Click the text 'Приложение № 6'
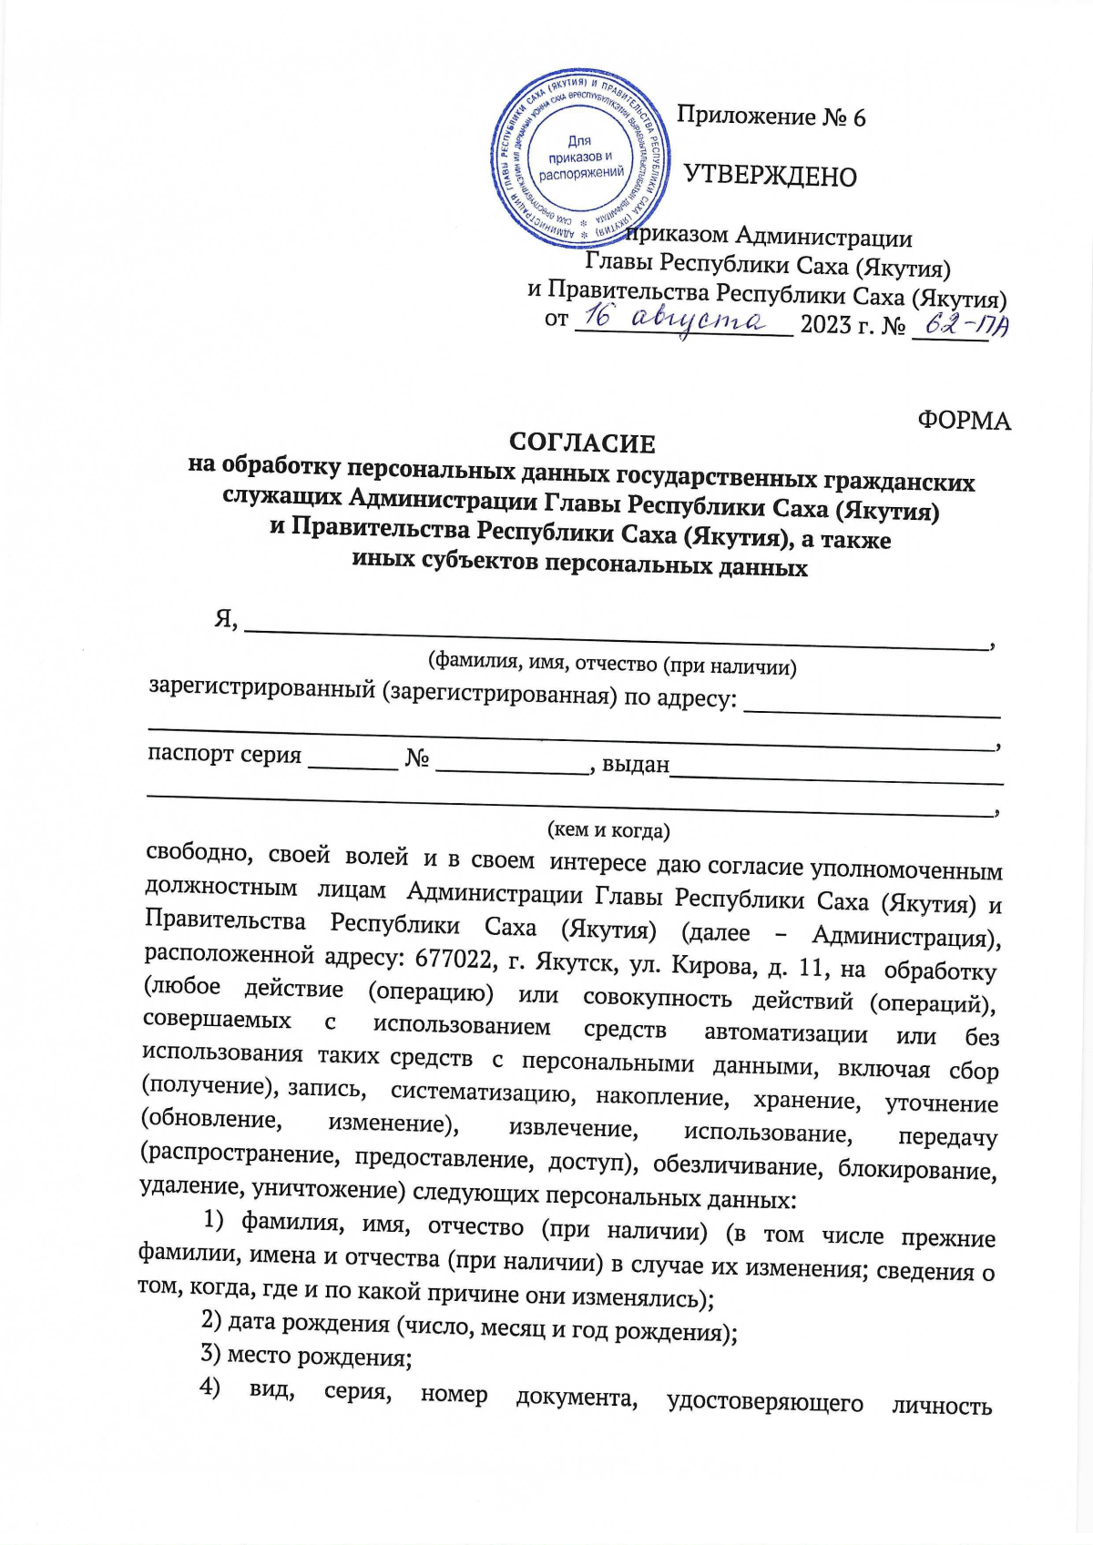(x=771, y=117)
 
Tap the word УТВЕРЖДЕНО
(x=770, y=176)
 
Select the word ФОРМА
(x=964, y=421)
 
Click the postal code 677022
(x=455, y=959)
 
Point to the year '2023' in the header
(x=824, y=325)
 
